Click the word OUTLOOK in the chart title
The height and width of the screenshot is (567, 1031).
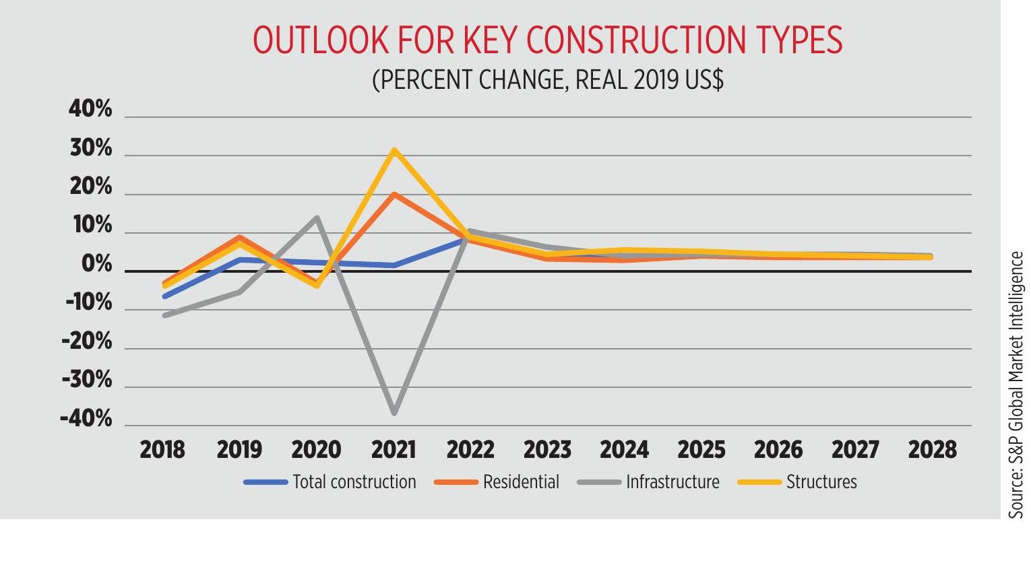(x=321, y=40)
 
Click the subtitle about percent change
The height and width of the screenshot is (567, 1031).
(x=547, y=79)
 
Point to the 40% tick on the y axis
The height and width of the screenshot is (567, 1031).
(x=90, y=109)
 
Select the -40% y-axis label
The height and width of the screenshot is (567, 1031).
(x=86, y=419)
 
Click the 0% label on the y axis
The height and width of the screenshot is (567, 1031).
(x=96, y=265)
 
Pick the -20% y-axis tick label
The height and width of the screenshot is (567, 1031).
(x=86, y=342)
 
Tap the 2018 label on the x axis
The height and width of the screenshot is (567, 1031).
(x=162, y=450)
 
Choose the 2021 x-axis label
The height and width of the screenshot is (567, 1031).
(x=394, y=450)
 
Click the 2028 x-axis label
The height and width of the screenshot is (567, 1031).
(x=932, y=450)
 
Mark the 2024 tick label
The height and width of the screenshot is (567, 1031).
(x=624, y=450)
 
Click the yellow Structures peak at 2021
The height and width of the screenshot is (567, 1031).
(x=394, y=150)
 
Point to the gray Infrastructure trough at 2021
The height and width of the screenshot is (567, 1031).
(x=394, y=412)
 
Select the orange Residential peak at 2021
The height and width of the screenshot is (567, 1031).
(x=394, y=195)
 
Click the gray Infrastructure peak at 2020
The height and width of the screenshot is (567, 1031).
(x=317, y=218)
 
